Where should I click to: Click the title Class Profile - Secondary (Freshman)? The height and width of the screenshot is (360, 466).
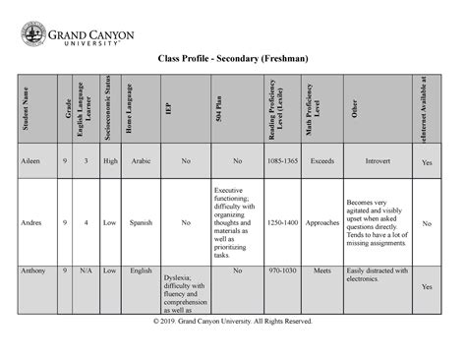coord(233,61)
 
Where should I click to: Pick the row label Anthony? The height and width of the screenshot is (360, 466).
coord(33,270)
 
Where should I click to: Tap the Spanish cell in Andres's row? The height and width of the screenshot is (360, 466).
coord(141,223)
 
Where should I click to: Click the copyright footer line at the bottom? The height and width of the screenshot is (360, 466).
coord(233,322)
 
